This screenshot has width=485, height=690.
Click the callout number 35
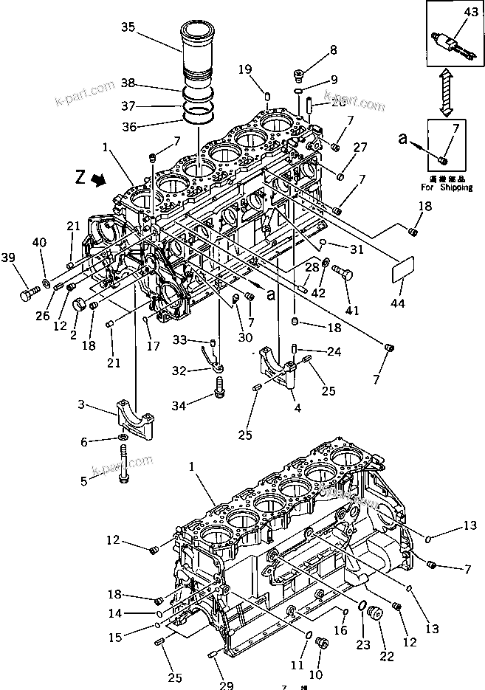(x=128, y=28)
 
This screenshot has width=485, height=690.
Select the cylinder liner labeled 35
(x=198, y=52)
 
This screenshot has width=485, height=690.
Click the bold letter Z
(x=80, y=176)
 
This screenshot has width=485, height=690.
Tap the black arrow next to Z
(x=97, y=179)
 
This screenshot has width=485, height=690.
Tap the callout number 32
(x=179, y=370)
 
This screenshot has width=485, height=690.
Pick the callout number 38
(x=128, y=83)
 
